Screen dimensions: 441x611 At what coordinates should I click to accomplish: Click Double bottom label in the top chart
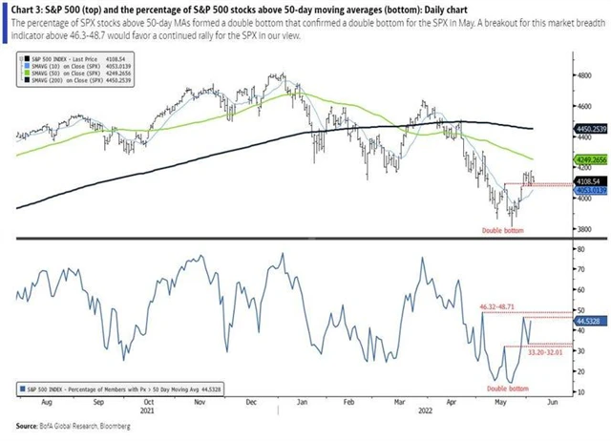tap(516, 231)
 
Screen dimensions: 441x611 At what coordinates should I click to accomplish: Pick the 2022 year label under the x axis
tap(422, 413)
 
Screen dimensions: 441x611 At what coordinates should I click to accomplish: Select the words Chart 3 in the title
tap(29, 9)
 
